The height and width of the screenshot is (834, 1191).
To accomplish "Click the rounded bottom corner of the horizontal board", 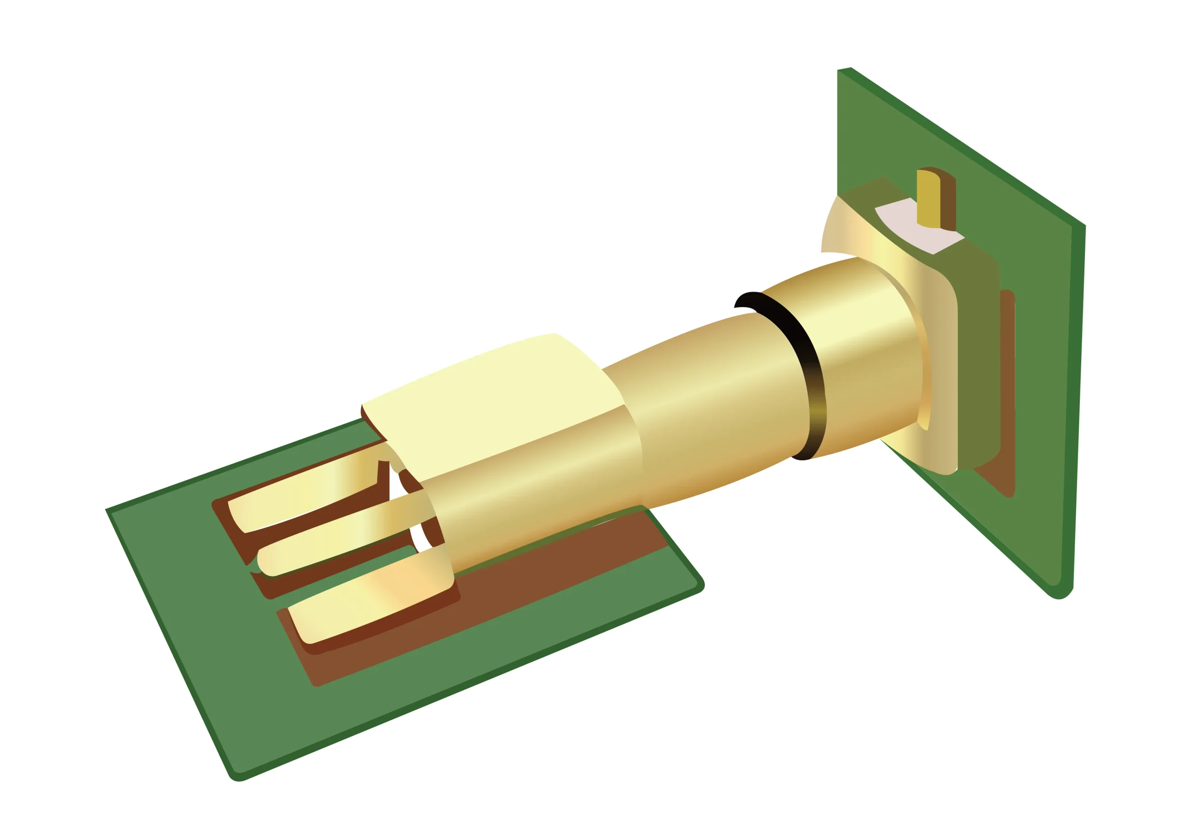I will (x=239, y=779).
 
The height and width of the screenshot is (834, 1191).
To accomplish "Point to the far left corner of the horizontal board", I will (x=107, y=510).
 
